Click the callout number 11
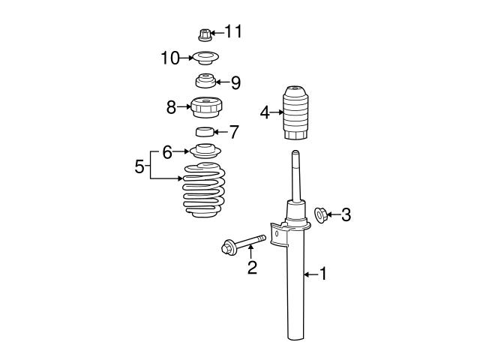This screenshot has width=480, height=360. tap(233, 31)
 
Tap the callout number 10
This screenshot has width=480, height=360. tap(169, 57)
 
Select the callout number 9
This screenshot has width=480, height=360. tap(235, 82)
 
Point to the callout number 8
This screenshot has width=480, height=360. tap(171, 107)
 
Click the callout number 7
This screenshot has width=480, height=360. tap(234, 133)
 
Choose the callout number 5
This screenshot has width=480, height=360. tap(139, 166)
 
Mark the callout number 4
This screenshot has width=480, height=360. tap(264, 113)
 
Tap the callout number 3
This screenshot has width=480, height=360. tap(346, 215)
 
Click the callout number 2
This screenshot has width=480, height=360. tap(253, 267)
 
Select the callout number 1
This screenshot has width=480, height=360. tap(323, 275)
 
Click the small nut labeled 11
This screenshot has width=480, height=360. tap(205, 33)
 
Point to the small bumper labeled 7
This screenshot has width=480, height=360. tap(205, 133)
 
